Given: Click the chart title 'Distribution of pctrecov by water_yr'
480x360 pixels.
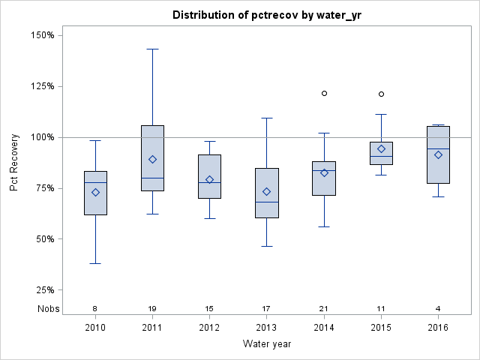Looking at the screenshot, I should [266, 15].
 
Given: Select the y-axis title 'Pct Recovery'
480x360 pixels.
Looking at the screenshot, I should [14, 163].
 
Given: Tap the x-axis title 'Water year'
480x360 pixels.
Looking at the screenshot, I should [266, 344].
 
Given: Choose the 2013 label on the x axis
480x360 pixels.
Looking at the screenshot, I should [266, 328].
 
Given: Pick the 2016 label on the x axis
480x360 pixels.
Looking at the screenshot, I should [438, 328].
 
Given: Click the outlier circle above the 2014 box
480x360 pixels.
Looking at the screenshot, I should [324, 94].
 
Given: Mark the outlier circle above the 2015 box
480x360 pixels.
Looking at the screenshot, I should [381, 94].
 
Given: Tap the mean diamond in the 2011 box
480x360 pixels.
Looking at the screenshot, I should [152, 159].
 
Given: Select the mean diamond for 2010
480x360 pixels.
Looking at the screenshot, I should [95, 192].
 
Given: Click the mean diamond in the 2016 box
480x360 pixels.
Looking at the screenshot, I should [438, 154].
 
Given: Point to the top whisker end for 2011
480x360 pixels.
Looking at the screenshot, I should [152, 49].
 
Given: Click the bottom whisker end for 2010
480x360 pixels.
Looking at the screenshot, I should [95, 263].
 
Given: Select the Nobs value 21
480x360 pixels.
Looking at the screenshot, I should [324, 309].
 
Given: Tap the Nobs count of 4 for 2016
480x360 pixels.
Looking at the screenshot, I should [438, 309].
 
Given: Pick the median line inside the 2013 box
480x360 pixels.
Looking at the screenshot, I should [266, 202].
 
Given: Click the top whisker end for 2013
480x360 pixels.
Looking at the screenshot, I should [266, 118].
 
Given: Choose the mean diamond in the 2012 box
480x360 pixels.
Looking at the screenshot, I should [209, 179].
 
